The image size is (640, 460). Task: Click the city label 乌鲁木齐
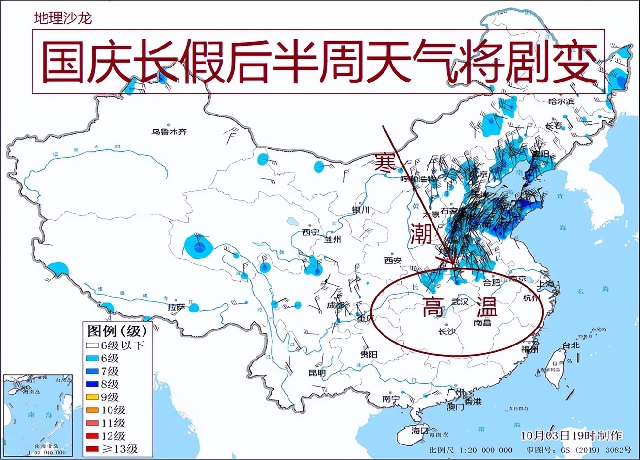[168, 131]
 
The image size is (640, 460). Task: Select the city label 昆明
[317, 373]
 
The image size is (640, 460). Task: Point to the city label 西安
[393, 261]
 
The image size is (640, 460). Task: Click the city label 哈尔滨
[561, 101]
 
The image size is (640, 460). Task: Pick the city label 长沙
[447, 332]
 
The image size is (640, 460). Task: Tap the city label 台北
[571, 345]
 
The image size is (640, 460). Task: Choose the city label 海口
[420, 430]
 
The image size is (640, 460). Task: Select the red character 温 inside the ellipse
[486, 307]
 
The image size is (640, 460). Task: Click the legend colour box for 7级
[92, 371]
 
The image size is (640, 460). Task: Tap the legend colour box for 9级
[92, 397]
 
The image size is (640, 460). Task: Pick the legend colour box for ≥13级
[92, 449]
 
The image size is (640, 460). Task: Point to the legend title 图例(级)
[116, 331]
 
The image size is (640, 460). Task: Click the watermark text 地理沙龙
[63, 18]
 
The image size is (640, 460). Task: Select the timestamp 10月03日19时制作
[571, 435]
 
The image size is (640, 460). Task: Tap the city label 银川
[361, 210]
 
